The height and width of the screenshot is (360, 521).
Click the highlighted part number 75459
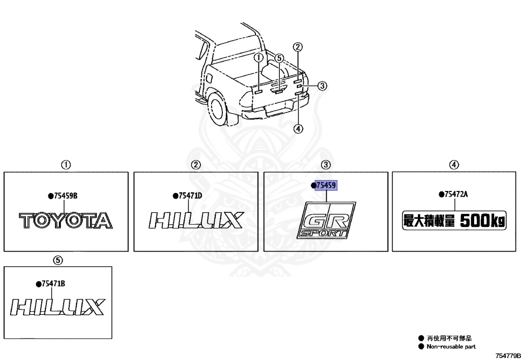(x=326, y=186)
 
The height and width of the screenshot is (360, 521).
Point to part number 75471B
(x=52, y=284)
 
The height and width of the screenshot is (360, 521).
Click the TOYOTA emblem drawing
(x=66, y=220)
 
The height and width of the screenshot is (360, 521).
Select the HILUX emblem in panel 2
(x=196, y=220)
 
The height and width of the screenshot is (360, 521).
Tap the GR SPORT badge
(x=326, y=220)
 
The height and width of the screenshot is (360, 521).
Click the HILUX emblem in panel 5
(x=57, y=307)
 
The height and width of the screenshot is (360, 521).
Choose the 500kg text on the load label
(x=483, y=220)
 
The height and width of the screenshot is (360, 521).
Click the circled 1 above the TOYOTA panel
(x=66, y=164)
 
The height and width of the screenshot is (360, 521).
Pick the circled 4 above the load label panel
(x=454, y=164)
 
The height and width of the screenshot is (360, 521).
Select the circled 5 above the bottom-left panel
(x=58, y=260)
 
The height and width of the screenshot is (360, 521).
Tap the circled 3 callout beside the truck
(x=322, y=86)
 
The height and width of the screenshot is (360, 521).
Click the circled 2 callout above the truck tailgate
(x=298, y=47)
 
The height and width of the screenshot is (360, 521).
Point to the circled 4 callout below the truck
(x=298, y=128)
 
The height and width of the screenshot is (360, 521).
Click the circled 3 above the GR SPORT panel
(x=326, y=164)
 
